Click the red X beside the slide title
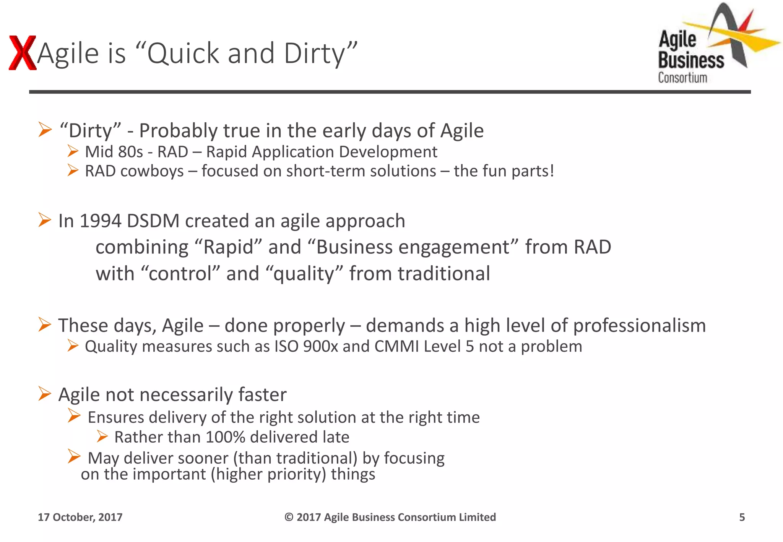(x=22, y=53)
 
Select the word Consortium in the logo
(x=682, y=78)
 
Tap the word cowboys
(x=152, y=171)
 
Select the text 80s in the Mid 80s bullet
(x=130, y=152)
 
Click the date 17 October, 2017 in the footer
(x=80, y=517)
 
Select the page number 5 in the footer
(x=742, y=517)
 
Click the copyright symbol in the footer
(x=289, y=517)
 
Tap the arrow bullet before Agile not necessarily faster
(x=45, y=394)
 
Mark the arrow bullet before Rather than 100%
(x=102, y=436)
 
